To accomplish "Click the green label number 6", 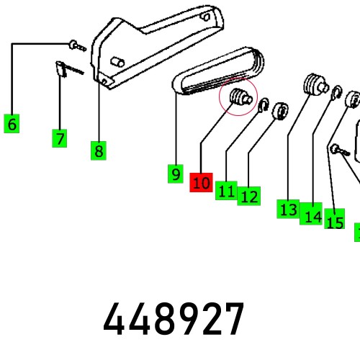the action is (x=12, y=124).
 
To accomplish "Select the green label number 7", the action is (x=60, y=138).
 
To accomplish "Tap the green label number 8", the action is (x=99, y=150).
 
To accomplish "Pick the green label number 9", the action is (x=176, y=174).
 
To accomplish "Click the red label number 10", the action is (x=201, y=182).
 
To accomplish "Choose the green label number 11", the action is (x=226, y=191).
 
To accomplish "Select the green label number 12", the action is (x=249, y=196).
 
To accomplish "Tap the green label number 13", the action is (x=288, y=209).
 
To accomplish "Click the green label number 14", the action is (x=311, y=214).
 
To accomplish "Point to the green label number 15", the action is (x=335, y=219).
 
